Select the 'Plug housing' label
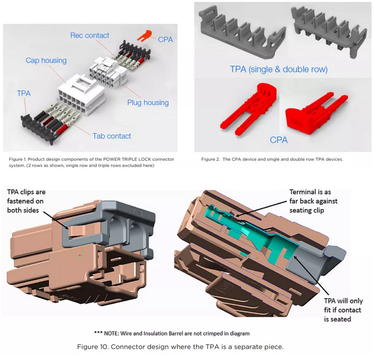[x=148, y=102]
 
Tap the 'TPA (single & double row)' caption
[x=279, y=69]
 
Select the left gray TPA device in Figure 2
[x=238, y=31]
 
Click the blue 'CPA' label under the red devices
[x=279, y=140]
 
